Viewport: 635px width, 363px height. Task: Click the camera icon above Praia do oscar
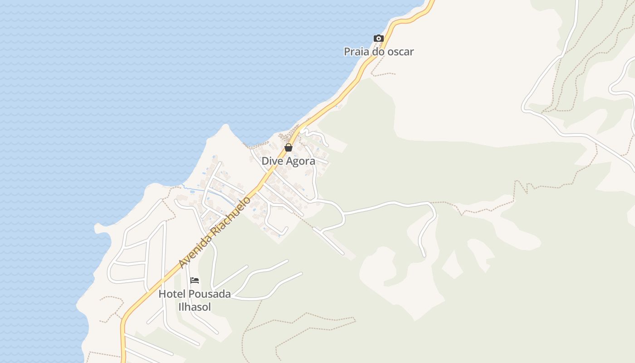(x=379, y=39)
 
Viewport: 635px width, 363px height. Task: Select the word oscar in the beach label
(x=400, y=52)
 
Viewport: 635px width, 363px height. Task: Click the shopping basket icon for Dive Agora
(x=288, y=147)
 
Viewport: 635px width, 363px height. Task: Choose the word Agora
(x=301, y=162)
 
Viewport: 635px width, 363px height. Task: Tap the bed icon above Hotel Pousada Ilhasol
(x=195, y=280)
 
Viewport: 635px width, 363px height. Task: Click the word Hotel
(x=172, y=294)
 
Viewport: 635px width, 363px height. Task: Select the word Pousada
(x=210, y=294)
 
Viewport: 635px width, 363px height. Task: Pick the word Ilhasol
(x=194, y=307)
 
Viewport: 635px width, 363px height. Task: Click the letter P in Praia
(x=347, y=52)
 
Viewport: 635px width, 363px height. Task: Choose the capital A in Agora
(x=291, y=161)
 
